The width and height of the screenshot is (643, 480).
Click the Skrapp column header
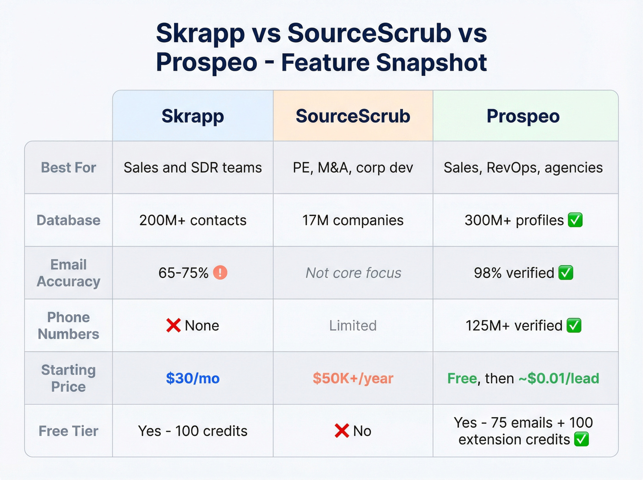click(x=193, y=116)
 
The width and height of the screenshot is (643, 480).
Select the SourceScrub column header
click(x=353, y=116)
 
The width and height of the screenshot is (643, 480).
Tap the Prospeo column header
click(x=523, y=116)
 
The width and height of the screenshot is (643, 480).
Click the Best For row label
click(x=68, y=168)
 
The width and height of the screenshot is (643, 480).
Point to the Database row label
click(x=68, y=220)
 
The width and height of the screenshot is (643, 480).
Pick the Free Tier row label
click(x=68, y=431)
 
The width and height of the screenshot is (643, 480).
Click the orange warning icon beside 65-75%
click(x=220, y=273)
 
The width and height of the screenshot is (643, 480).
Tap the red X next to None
click(x=173, y=326)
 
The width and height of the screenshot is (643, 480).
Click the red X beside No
click(x=342, y=431)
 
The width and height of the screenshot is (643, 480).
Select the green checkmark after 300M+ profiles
click(x=575, y=220)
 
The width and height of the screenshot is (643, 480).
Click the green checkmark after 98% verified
click(x=566, y=273)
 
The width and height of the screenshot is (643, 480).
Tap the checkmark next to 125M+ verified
click(x=574, y=326)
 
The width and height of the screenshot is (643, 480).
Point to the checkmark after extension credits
click(x=581, y=440)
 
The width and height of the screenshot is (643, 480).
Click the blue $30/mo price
click(x=193, y=378)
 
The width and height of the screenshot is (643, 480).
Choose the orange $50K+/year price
click(x=353, y=378)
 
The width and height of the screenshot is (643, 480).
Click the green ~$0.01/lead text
click(x=559, y=378)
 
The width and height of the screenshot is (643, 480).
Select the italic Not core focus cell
click(x=353, y=273)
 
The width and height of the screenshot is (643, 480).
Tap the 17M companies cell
click(x=353, y=220)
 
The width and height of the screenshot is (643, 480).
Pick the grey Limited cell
click(x=353, y=326)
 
